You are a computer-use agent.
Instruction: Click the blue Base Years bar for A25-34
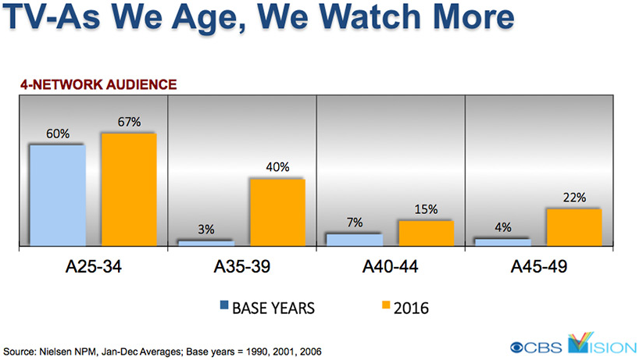coord(57,196)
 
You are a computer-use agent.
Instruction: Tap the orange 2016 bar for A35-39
coord(277,212)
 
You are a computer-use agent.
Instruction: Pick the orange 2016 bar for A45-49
coord(573,228)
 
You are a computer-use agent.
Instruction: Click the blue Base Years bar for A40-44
coord(354,240)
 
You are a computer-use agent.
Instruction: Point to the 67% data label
coord(129,122)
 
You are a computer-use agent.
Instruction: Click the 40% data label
coord(277,167)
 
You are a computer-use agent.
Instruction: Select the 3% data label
coord(205,229)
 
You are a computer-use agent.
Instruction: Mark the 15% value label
coord(426,210)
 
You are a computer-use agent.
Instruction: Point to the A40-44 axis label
coord(390,267)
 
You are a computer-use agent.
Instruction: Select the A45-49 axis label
coord(538,267)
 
